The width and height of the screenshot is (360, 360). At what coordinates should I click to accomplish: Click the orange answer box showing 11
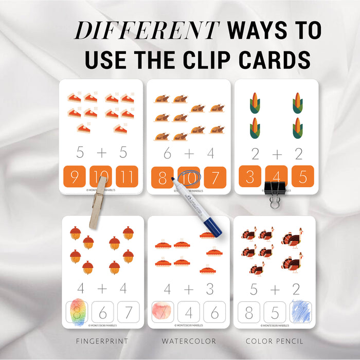(x=127, y=176)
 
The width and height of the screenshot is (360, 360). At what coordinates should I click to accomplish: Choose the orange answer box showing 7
(x=215, y=176)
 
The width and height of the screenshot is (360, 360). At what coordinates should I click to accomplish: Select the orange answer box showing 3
(x=249, y=176)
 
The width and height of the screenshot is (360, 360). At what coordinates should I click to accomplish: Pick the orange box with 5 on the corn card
(x=302, y=176)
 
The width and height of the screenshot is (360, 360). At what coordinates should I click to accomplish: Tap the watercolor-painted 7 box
(x=163, y=312)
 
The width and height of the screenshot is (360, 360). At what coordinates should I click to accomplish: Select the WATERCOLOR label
(x=189, y=340)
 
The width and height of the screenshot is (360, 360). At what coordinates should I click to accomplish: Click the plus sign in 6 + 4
(x=189, y=153)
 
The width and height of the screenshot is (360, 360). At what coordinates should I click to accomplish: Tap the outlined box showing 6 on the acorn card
(x=102, y=312)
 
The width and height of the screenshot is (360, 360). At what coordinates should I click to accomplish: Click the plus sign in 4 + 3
(x=189, y=289)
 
